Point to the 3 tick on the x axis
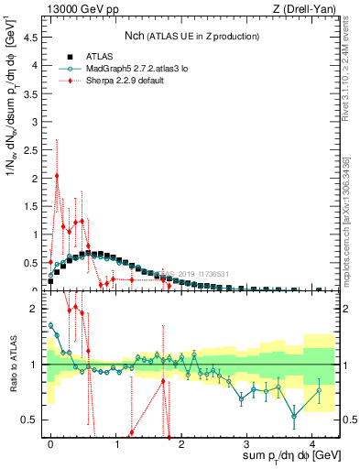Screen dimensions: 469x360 (247, 442)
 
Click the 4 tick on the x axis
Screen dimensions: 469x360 (312, 442)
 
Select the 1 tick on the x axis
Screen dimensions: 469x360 (116, 442)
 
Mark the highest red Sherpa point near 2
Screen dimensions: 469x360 (57, 176)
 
